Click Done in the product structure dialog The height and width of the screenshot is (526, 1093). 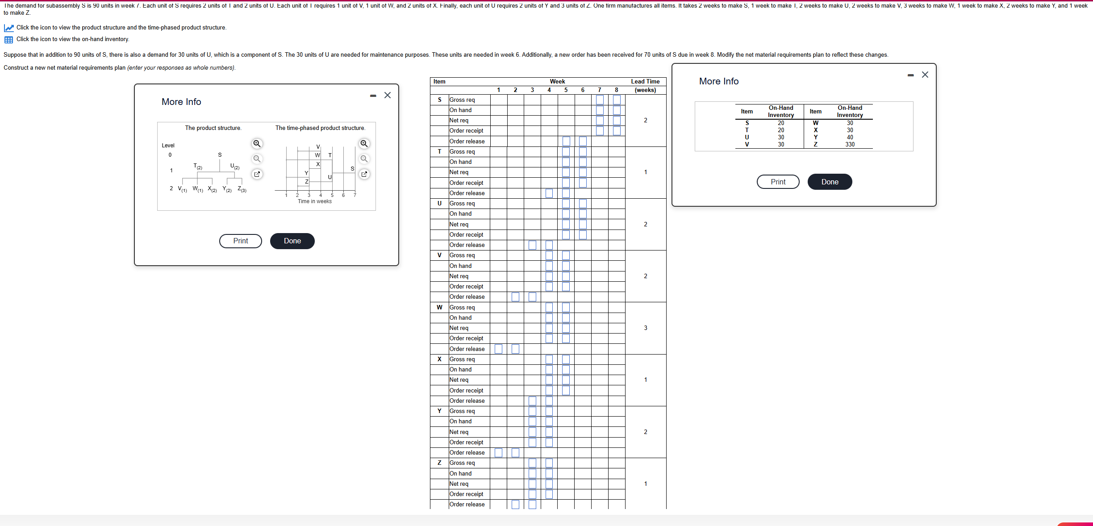[x=292, y=241]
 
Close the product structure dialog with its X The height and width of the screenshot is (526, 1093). [x=388, y=95]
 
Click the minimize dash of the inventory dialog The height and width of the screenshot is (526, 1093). [x=910, y=75]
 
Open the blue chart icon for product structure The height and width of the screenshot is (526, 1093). [x=8, y=28]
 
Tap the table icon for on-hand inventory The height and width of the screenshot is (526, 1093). [x=8, y=40]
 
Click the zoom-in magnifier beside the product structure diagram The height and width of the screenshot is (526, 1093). [x=257, y=144]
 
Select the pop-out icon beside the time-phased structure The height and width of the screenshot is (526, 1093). [x=364, y=174]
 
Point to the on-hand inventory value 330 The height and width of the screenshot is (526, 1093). [x=850, y=145]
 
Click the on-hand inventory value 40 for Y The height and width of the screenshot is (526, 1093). [x=850, y=138]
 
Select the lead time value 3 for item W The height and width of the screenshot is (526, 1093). [x=645, y=328]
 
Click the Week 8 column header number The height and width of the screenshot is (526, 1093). [x=617, y=90]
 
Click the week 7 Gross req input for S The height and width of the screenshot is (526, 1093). [x=600, y=100]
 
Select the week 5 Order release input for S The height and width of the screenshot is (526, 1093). [x=566, y=142]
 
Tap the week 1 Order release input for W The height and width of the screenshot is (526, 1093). [x=499, y=349]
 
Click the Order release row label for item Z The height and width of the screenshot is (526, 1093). [x=467, y=505]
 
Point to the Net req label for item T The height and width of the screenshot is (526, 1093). [x=459, y=172]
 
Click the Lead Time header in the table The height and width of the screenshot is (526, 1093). [x=645, y=82]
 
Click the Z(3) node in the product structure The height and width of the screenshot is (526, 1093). [x=242, y=189]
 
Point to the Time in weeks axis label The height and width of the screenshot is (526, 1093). [x=315, y=201]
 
